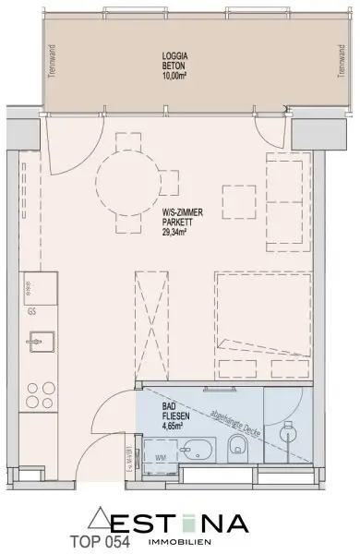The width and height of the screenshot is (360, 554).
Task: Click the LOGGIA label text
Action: coord(174,56)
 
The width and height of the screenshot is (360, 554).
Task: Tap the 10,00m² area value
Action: coord(174,77)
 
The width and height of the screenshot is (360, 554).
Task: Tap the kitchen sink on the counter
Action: coord(37,343)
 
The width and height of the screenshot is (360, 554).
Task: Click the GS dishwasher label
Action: coord(32,311)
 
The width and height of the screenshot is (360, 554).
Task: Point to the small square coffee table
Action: coord(238,199)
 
